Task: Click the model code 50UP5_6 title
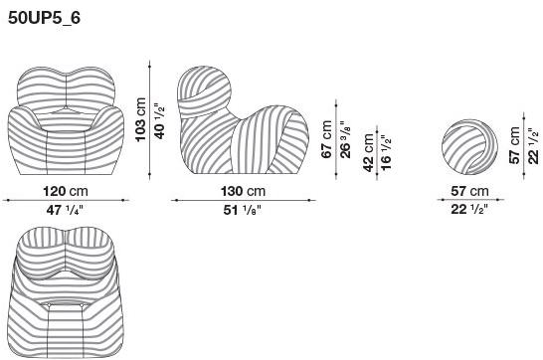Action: tap(44, 18)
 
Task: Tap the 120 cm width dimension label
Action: tap(66, 191)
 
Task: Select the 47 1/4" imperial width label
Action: tap(65, 210)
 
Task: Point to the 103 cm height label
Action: tap(140, 119)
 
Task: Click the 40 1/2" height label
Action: tap(159, 121)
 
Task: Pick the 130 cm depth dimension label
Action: tap(243, 191)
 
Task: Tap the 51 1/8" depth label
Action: tap(242, 210)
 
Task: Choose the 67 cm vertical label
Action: tap(326, 139)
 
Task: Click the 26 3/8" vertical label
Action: tap(345, 139)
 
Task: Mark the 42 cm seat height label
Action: tap(368, 153)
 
